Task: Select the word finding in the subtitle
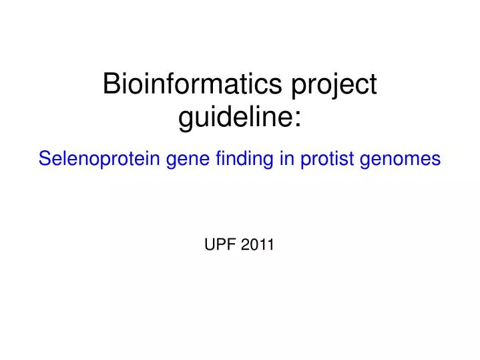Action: click(x=238, y=159)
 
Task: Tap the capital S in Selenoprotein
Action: click(x=44, y=158)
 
